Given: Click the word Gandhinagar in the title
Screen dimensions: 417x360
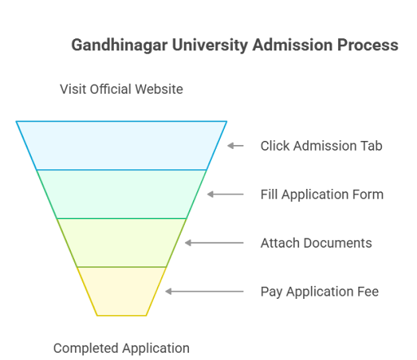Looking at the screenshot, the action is coord(119,46).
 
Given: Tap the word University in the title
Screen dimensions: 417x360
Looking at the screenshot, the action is coord(210,46).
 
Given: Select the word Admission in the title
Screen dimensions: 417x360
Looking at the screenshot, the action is coord(292,45).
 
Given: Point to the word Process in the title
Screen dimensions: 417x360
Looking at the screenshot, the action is coord(368,45).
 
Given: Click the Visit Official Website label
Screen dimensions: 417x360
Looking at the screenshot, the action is coord(121,89).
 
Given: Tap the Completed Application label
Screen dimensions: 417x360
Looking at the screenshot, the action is coord(121,349).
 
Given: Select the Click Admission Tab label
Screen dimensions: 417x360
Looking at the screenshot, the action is coord(322,146).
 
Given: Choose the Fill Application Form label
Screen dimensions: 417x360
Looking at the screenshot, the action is coord(322,195).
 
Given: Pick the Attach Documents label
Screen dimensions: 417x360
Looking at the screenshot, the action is coord(316,243).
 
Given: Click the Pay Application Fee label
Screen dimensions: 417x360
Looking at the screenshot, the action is coord(319,292).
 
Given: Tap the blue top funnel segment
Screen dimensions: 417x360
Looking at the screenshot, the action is coord(121,146).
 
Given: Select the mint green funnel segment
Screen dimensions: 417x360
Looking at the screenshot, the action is coord(121,194).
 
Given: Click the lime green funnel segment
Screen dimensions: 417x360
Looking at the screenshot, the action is coord(121,243).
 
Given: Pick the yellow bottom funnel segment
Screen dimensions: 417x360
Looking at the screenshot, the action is coord(121,292).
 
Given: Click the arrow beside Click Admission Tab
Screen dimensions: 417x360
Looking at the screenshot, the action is coord(235,146).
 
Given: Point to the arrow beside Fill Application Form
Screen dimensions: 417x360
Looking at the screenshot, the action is coord(226,195).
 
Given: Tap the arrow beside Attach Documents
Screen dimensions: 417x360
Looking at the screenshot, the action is coord(214,243).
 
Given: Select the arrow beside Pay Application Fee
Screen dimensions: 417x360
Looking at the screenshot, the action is coord(204,292).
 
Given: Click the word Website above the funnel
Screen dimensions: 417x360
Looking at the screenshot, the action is coord(159,89).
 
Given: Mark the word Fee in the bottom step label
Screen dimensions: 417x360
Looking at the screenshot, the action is coord(368,292).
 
